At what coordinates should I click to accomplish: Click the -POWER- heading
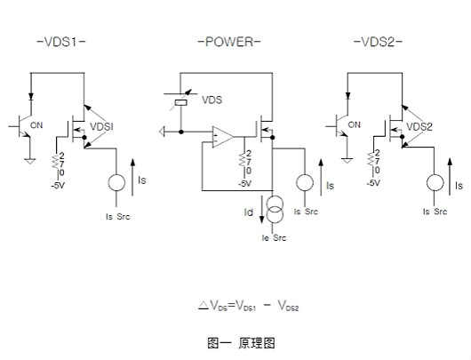(x=229, y=43)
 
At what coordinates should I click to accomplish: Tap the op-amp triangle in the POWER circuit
(x=222, y=138)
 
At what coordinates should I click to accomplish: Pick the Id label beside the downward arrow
(x=250, y=212)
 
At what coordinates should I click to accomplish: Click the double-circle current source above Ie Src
(x=275, y=212)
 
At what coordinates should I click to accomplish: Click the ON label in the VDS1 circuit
(x=37, y=125)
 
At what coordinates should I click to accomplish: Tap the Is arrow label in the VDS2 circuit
(x=459, y=186)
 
